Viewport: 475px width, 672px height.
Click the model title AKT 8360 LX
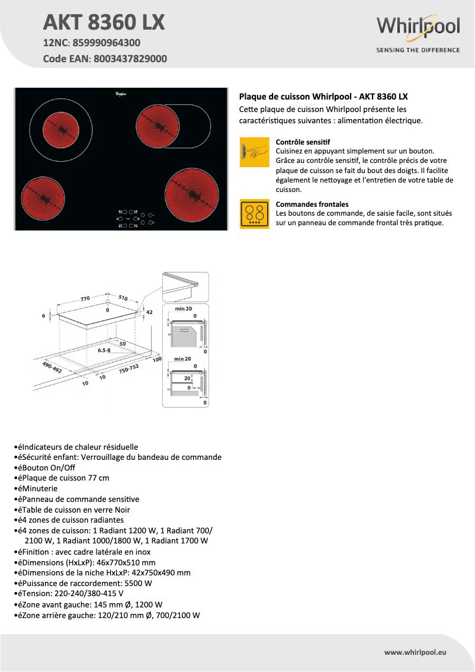104,23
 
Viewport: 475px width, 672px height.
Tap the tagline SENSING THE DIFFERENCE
418,50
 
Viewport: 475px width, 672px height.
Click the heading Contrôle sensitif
303,142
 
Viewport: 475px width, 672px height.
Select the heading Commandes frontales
312,204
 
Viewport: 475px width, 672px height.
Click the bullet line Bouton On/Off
50,467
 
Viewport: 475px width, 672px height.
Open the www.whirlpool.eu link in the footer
415,652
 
